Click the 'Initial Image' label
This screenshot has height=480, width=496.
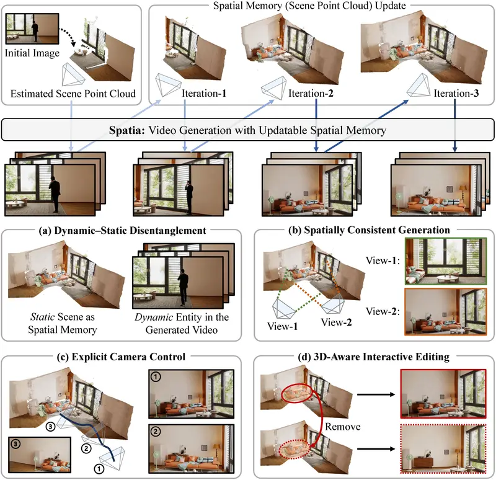pos(32,53)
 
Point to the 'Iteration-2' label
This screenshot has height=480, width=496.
pos(311,95)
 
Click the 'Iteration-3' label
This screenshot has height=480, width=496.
pos(457,95)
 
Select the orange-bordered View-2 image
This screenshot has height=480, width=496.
pos(445,311)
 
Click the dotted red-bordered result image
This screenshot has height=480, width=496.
pos(445,445)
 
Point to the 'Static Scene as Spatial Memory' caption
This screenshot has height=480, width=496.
pos(51,323)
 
